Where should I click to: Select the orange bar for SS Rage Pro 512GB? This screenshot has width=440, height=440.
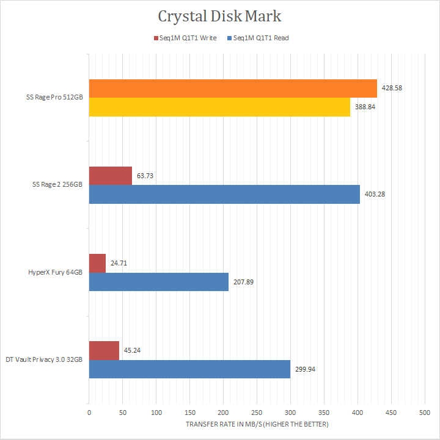233,89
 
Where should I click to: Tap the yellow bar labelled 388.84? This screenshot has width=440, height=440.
219,107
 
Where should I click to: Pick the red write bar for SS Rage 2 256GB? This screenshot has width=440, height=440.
111,176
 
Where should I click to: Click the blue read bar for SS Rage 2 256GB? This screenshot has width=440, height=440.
224,194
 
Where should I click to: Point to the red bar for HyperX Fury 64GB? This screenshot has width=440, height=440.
97,263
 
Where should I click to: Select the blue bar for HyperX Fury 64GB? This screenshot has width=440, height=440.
159,281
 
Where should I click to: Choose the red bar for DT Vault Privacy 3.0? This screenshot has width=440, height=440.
104,350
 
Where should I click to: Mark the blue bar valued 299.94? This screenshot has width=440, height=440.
189,369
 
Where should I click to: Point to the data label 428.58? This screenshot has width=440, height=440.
391,88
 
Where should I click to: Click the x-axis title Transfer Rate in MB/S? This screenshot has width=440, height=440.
256,424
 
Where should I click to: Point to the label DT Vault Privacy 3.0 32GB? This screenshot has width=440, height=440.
44,360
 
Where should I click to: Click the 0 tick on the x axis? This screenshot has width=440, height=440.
89,413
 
